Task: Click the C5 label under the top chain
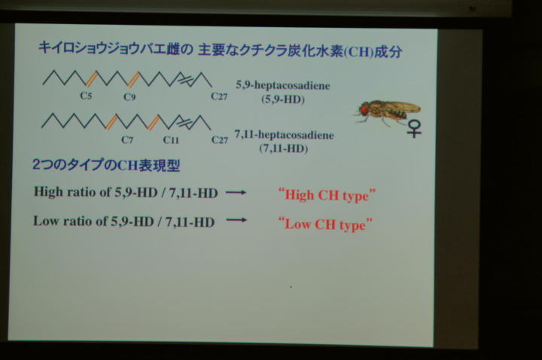click(86, 96)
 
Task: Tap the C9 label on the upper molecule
click(129, 97)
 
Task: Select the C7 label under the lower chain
click(127, 140)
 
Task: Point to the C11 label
click(171, 140)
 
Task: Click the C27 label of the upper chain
click(219, 96)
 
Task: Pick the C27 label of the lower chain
click(220, 140)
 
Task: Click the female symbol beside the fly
click(414, 128)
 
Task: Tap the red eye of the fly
click(364, 109)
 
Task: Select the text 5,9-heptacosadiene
click(283, 85)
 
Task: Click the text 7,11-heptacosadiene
click(284, 134)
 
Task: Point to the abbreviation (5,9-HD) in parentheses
click(283, 99)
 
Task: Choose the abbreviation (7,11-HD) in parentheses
click(284, 148)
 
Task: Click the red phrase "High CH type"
click(327, 195)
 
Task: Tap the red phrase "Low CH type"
click(325, 224)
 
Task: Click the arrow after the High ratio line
click(236, 193)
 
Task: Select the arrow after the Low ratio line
click(236, 220)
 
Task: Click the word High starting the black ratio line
click(48, 192)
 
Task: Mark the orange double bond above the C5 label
click(92, 78)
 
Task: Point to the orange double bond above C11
click(154, 123)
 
